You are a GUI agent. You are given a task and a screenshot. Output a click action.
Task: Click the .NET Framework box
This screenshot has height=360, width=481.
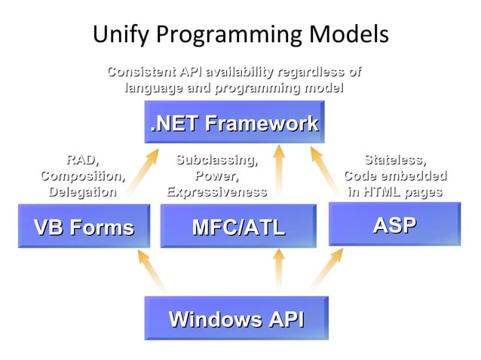[x=234, y=124]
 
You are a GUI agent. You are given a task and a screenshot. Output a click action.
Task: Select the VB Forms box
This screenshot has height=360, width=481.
[x=83, y=227]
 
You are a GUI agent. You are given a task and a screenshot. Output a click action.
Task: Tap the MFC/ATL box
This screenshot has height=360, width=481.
[x=238, y=227]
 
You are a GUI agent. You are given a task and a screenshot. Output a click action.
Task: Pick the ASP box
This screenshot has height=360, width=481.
[x=394, y=224]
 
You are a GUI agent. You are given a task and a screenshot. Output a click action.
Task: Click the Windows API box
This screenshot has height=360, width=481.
[x=236, y=319]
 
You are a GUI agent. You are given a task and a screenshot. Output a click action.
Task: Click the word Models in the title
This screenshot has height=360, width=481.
[x=351, y=35]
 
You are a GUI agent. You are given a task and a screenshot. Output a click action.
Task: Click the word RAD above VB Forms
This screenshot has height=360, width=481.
[x=82, y=160]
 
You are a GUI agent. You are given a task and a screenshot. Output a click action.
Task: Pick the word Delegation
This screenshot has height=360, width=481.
[x=82, y=192]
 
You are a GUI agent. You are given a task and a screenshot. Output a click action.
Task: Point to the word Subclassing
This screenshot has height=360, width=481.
[x=216, y=160]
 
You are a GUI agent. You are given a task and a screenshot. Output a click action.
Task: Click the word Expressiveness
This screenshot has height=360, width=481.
[x=216, y=192]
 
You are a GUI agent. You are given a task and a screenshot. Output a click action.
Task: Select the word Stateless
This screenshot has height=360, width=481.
[x=394, y=160]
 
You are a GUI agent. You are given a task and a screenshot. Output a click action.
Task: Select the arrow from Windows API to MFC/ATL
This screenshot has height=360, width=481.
[x=279, y=270]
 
